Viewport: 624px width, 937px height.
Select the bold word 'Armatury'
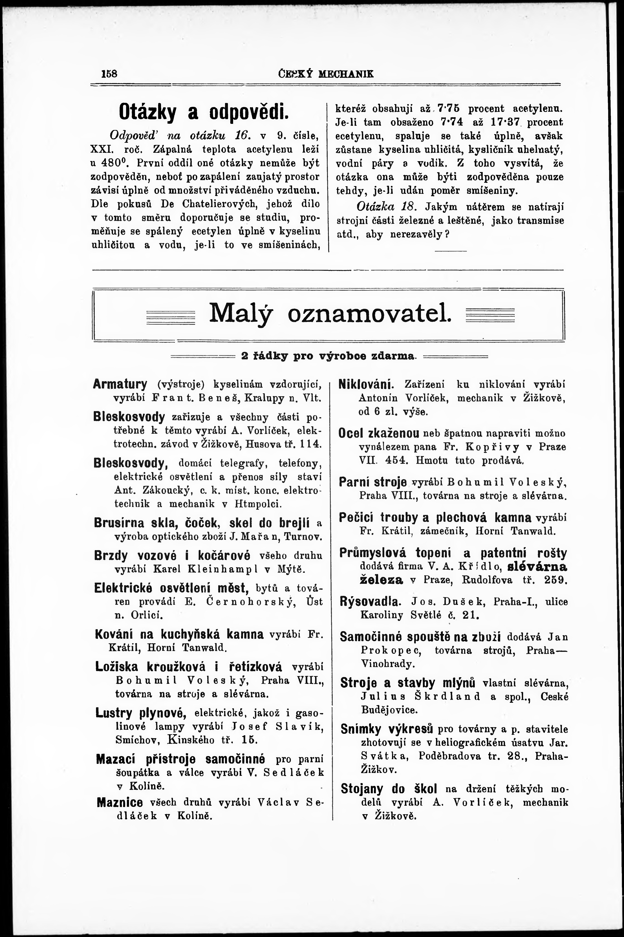point(120,384)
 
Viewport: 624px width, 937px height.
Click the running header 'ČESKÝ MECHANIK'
point(326,74)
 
